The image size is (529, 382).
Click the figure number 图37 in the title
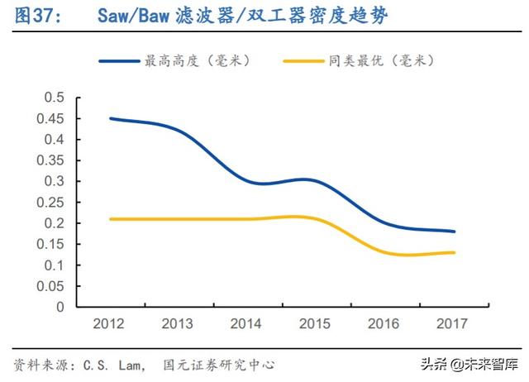(31, 15)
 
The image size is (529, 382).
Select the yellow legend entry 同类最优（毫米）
(359, 60)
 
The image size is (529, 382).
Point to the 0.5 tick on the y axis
(54, 98)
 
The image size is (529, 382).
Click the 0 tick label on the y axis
(60, 307)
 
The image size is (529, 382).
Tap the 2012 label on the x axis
(110, 322)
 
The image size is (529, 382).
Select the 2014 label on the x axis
(248, 322)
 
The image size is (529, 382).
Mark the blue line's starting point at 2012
(111, 118)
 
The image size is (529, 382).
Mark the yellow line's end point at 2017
(455, 252)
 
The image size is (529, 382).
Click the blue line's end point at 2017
(455, 232)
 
